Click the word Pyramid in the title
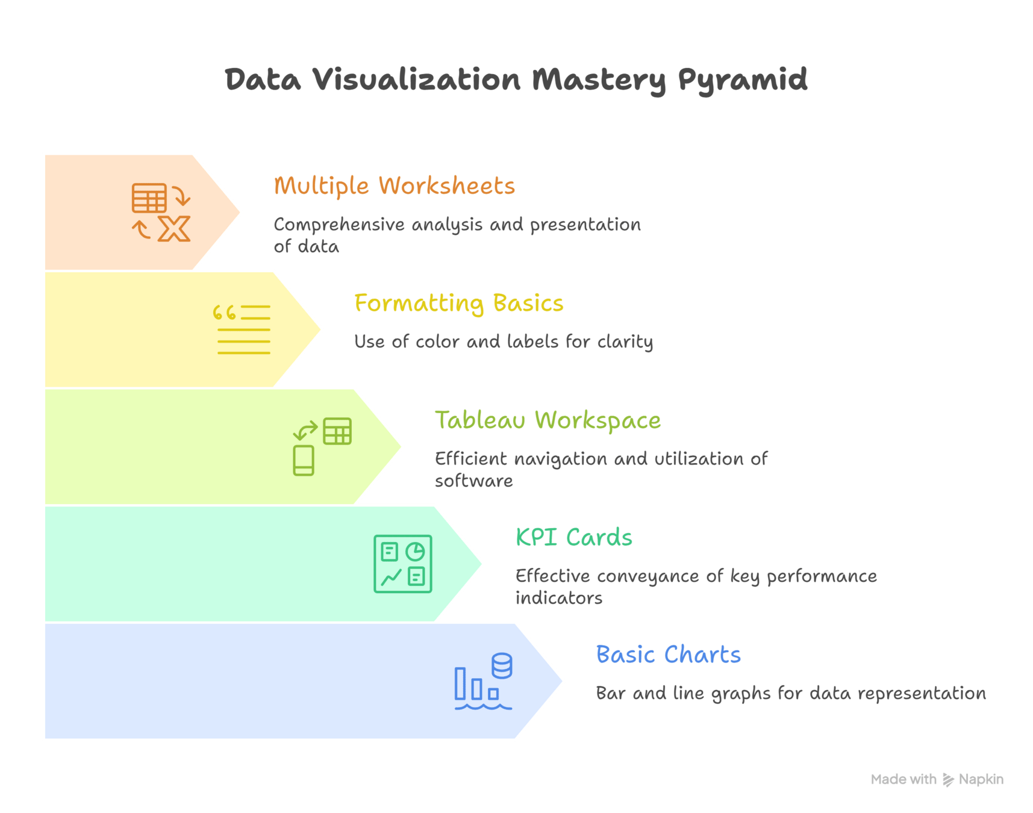(742, 81)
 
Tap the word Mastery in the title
(599, 81)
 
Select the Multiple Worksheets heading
(394, 186)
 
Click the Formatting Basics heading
(458, 304)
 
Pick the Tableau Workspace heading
(548, 420)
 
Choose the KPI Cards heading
(573, 537)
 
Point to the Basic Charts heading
(668, 655)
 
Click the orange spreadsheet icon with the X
(161, 213)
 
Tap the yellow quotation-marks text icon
(242, 329)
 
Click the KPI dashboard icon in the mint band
(402, 564)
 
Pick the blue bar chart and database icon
(483, 681)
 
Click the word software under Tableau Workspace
(473, 481)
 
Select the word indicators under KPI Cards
(558, 598)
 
